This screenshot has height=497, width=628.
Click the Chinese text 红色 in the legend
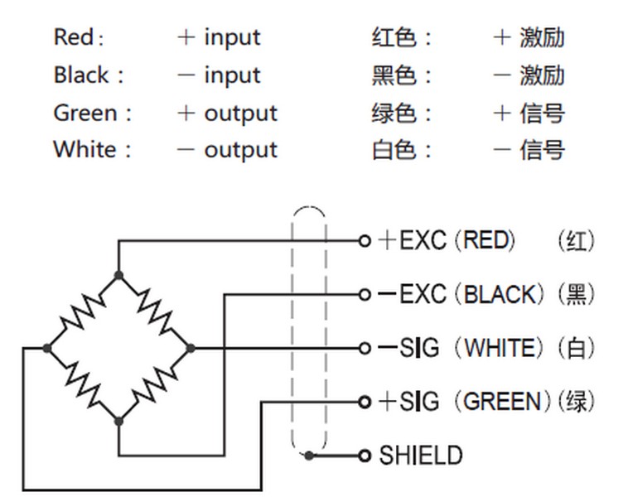[394, 37]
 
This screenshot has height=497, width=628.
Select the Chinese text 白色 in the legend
[394, 150]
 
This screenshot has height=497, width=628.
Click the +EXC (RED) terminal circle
[364, 241]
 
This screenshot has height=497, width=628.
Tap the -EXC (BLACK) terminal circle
[364, 294]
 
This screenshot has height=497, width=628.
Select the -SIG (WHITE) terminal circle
[364, 348]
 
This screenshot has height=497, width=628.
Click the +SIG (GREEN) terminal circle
[364, 402]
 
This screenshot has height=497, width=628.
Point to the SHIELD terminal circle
[364, 456]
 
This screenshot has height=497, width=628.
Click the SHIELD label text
[420, 456]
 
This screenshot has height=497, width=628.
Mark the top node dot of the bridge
[118, 275]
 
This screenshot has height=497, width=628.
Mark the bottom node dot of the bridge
[118, 421]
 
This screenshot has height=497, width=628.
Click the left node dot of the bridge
[47, 348]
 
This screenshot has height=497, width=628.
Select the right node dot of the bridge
[191, 348]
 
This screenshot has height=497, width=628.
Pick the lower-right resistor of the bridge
[155, 385]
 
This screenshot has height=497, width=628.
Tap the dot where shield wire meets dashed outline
[308, 456]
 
